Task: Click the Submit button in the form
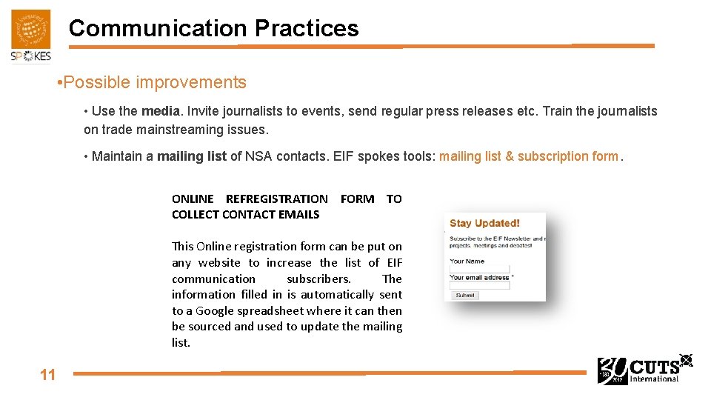(x=465, y=295)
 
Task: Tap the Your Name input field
(x=480, y=269)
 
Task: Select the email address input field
(x=480, y=285)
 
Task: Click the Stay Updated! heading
(x=484, y=223)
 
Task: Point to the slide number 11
(x=47, y=375)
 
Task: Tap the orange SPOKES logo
(x=31, y=36)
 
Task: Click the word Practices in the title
(x=306, y=28)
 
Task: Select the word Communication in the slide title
(x=158, y=28)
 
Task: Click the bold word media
(x=161, y=111)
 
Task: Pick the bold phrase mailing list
(x=191, y=156)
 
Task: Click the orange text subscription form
(x=567, y=156)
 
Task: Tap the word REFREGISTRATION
(x=276, y=199)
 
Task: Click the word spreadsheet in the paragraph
(x=268, y=310)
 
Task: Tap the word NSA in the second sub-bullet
(x=258, y=156)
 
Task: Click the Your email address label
(x=479, y=277)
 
